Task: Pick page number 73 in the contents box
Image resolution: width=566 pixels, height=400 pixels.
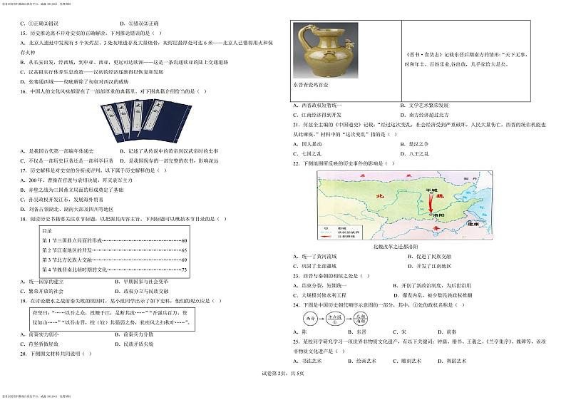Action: point(184,270)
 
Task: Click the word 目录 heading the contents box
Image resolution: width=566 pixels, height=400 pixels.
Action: point(47,231)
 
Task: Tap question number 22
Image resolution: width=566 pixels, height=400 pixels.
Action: point(296,164)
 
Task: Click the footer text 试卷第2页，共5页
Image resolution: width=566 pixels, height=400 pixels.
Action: point(283,374)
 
